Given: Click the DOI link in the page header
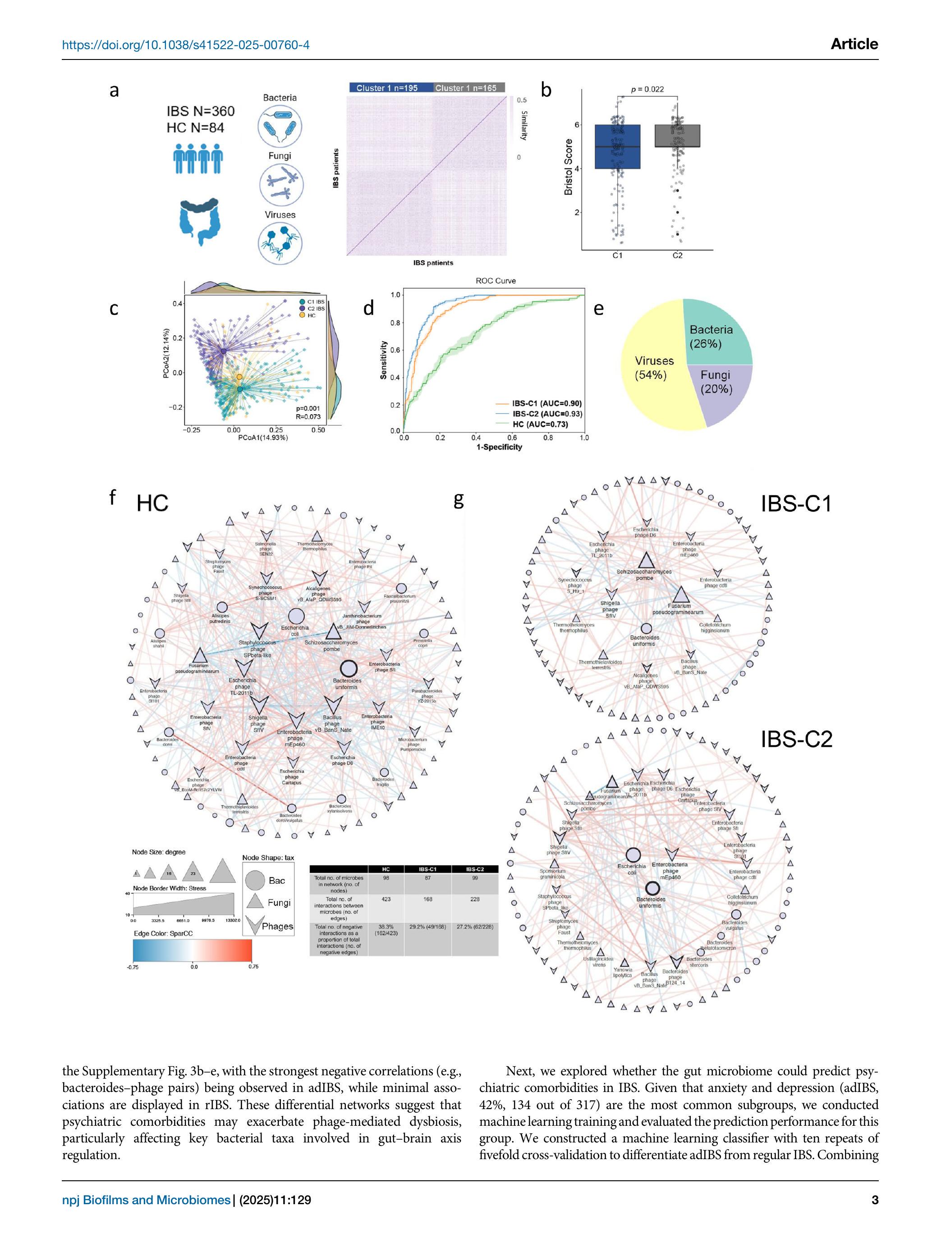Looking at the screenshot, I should click(x=185, y=45).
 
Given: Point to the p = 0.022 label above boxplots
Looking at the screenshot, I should click(x=647, y=89).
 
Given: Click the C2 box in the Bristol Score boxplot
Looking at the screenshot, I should click(x=677, y=136).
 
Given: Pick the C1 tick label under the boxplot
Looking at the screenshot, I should click(x=617, y=255).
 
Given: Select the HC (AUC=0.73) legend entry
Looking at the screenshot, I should click(x=540, y=424).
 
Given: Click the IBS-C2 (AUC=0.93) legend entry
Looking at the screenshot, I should click(x=546, y=414).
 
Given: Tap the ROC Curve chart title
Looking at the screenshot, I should click(x=496, y=280).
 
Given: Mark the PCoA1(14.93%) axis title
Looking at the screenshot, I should click(x=263, y=438).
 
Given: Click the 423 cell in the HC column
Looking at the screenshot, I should click(x=386, y=899).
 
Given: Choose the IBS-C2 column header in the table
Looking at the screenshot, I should click(x=475, y=869).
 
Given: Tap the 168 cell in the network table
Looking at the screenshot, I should click(x=427, y=899).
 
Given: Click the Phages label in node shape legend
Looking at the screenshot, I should click(x=277, y=926).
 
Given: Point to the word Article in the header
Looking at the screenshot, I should click(x=854, y=44).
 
